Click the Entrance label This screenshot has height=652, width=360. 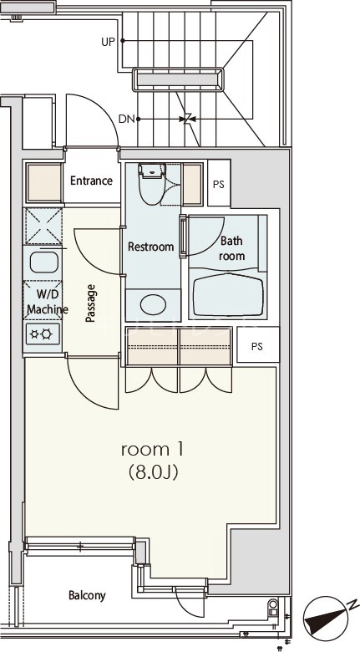pos(91,181)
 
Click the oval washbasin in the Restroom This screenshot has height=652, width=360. pos(153,305)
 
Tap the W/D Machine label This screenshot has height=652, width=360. pos(48,303)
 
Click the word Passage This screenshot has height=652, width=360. pos(90,303)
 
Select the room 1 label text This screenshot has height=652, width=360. pos(153,450)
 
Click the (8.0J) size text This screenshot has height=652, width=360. pos(153,472)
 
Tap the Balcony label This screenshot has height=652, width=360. pos(87,596)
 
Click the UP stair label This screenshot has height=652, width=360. pos(108,42)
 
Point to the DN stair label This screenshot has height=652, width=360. pos(126,120)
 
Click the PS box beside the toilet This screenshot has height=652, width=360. pos(219,183)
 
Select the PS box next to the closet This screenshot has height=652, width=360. pos(258,344)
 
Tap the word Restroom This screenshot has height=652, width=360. pos(150,247)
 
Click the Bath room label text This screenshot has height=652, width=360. pos(231,248)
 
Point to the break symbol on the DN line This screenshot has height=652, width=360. pos(188,119)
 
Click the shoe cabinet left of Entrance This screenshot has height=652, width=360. pos(44,183)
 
